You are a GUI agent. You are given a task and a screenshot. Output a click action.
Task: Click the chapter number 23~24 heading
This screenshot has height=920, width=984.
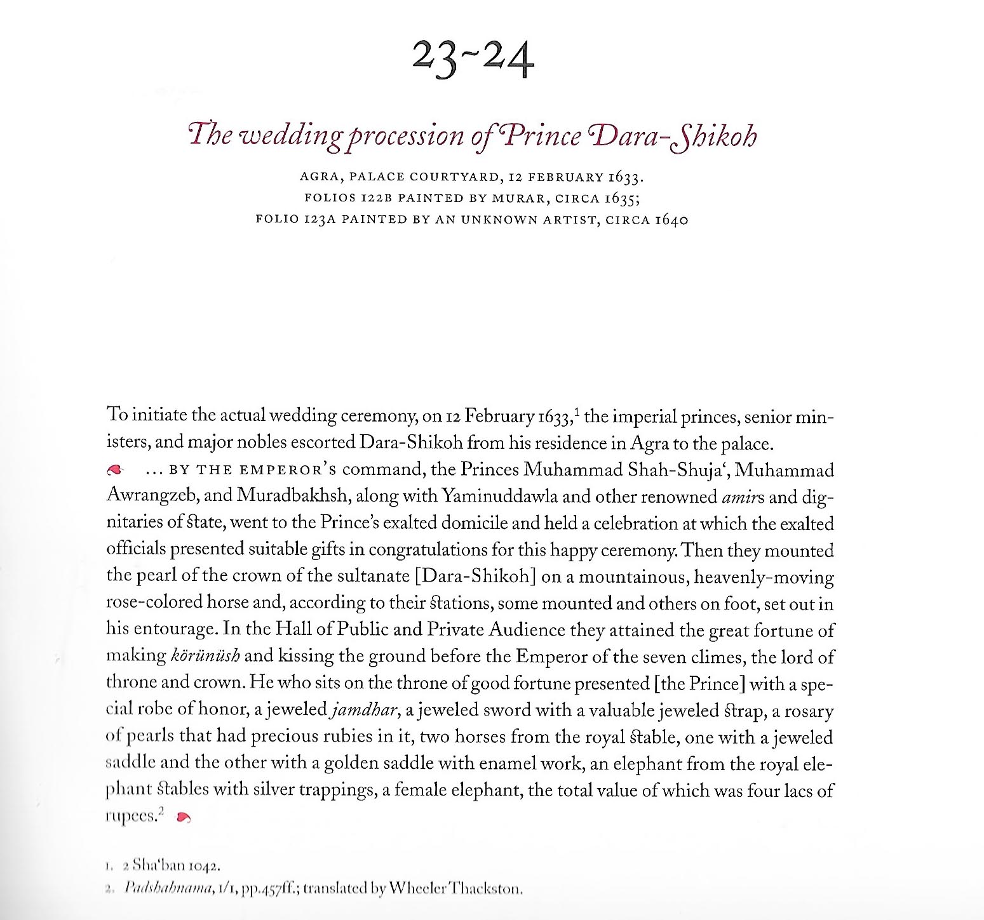pos(473,60)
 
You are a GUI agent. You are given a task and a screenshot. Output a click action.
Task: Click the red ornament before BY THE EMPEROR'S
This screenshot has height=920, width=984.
pos(114,470)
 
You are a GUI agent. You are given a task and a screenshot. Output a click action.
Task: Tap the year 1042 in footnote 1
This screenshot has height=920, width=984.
pos(205,866)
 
